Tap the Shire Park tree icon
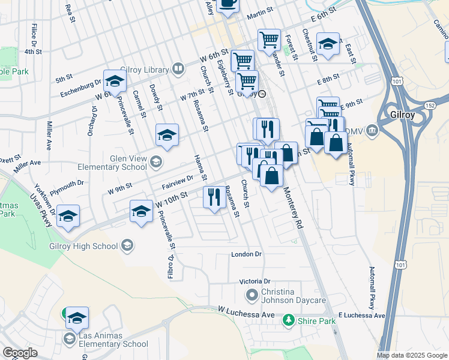[289, 320]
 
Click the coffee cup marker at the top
[228, 5]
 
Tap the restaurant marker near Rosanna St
[214, 197]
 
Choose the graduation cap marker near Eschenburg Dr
[114, 80]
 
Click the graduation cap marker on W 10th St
[142, 211]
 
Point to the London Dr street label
[247, 254]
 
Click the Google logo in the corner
[20, 353]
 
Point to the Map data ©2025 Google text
[412, 355]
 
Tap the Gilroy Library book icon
[178, 69]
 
